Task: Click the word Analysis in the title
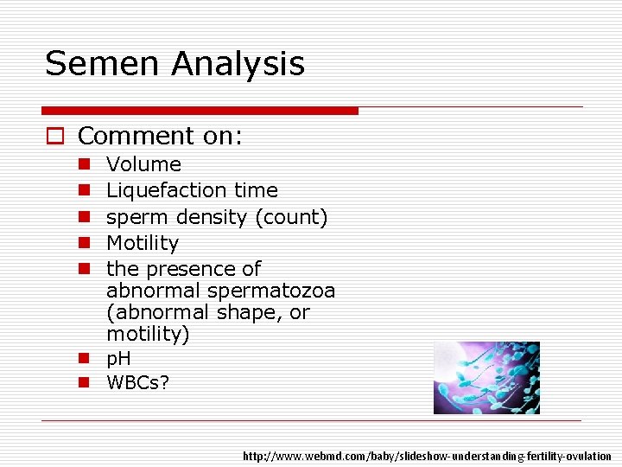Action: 238,64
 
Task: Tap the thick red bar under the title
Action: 200,111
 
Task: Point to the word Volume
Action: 143,164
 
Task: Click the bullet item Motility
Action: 142,243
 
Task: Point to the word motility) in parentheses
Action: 147,333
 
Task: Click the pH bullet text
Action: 118,359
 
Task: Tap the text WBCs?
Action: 137,381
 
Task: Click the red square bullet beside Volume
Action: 84,164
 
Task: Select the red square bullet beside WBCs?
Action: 84,381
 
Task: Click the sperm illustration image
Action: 486,377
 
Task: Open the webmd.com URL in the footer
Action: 427,456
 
